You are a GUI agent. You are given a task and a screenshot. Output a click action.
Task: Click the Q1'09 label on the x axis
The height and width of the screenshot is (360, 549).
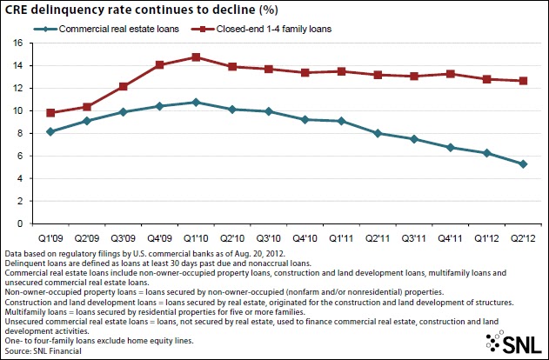coord(50,237)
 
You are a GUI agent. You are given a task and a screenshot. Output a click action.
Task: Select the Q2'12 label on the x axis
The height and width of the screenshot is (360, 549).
coord(521,237)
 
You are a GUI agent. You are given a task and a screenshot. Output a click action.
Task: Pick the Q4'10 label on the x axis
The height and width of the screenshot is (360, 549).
coord(305,237)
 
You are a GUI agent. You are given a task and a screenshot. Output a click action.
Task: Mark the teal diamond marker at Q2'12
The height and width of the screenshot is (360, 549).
coord(521,163)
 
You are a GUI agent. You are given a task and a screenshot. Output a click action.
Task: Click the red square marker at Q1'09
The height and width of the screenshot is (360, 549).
coord(50,113)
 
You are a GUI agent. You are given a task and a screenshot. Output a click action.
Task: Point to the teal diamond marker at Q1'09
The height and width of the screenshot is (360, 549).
coord(50,131)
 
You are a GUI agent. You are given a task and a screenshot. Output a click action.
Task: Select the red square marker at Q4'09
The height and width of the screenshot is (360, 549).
coord(159,64)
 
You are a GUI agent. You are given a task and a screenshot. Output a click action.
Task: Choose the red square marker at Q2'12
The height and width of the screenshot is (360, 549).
coord(521,81)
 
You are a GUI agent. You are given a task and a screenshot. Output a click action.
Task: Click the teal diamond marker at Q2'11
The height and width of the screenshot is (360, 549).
coord(377,133)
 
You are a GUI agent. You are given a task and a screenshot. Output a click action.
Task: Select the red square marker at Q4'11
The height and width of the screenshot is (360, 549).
coord(449,74)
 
